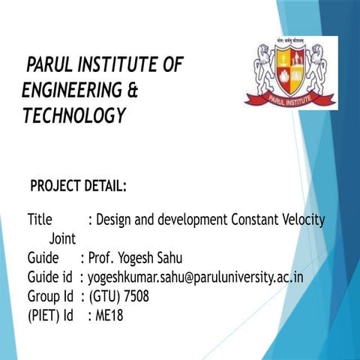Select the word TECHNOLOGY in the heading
[x=73, y=116]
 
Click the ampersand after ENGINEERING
[x=133, y=91]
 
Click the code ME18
[x=109, y=316]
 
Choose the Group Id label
[x=49, y=296]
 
